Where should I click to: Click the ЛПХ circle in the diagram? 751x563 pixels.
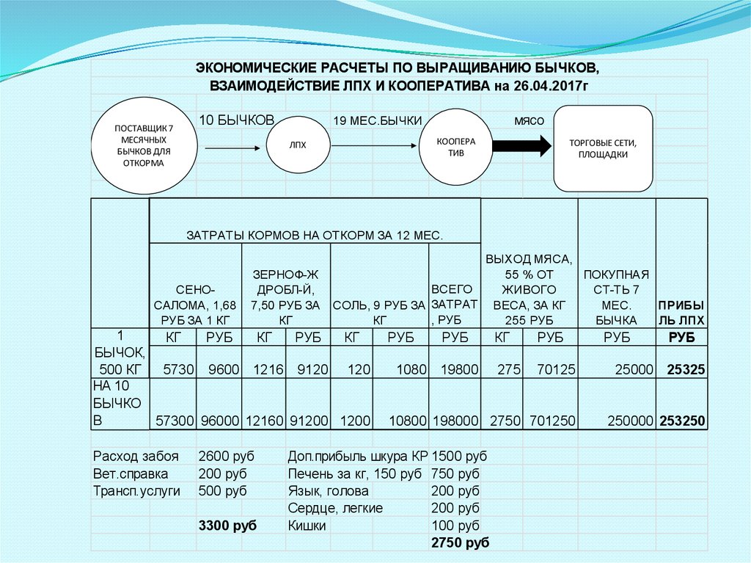(297, 145)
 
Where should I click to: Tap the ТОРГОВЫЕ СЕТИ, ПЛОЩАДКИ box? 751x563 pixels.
(603, 148)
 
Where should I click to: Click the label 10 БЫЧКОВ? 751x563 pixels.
(237, 120)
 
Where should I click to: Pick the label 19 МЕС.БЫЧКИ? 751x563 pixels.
(377, 120)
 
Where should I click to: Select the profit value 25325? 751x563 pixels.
(686, 369)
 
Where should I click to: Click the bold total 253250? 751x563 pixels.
(683, 421)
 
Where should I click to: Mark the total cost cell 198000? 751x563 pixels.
(455, 421)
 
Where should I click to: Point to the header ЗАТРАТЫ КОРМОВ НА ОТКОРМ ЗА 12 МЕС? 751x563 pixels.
(315, 236)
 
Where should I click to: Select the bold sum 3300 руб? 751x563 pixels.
(227, 526)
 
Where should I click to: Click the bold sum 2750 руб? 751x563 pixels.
(461, 543)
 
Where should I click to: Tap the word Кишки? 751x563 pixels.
(307, 526)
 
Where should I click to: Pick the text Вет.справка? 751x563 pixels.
(131, 473)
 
